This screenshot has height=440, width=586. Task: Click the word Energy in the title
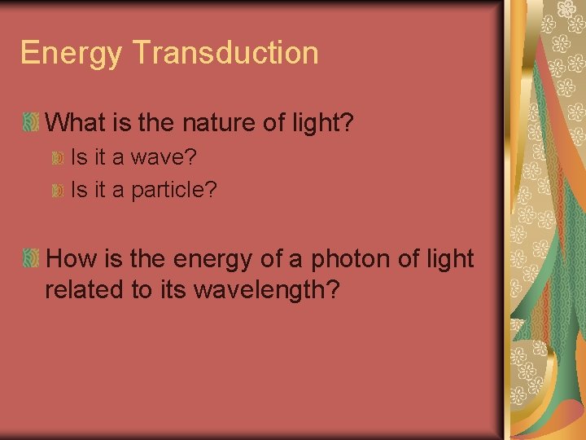(71, 54)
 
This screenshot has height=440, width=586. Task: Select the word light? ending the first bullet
(323, 124)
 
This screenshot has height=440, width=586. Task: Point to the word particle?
(174, 190)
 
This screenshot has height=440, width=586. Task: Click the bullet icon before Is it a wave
(57, 156)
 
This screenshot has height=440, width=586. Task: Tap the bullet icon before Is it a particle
(57, 191)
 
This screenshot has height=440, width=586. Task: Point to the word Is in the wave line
(79, 155)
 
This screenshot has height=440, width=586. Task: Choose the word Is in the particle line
(79, 190)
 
